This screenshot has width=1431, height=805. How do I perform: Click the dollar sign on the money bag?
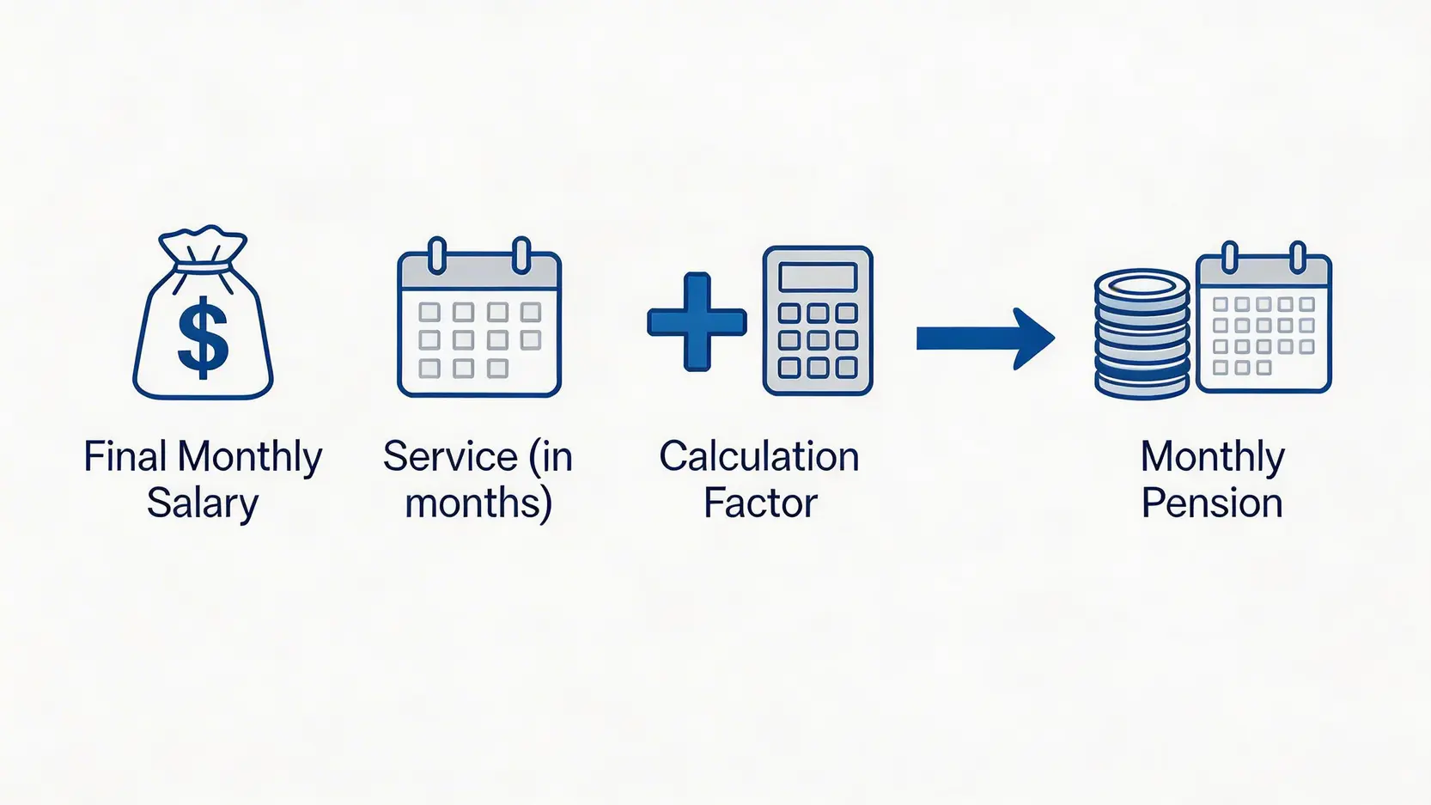203,338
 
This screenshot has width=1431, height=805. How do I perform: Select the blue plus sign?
697,321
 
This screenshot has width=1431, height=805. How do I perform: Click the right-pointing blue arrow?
985,338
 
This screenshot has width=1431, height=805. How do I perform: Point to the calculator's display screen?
818,277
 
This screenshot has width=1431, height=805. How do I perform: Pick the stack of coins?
1142,333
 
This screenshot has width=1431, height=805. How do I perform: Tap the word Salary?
203,503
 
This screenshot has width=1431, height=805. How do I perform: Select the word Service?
450,456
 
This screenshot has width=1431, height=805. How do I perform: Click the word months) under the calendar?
478,503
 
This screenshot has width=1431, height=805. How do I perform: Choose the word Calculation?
759,456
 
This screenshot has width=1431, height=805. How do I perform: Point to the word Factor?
760,503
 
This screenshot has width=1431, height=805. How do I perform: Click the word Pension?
1212,503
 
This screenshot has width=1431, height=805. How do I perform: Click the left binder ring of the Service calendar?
437,255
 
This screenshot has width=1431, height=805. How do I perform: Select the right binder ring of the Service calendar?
522,255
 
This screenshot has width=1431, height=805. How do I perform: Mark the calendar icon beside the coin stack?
1264,317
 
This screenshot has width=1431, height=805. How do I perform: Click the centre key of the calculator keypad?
818,340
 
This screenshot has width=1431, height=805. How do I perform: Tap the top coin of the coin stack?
1142,285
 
